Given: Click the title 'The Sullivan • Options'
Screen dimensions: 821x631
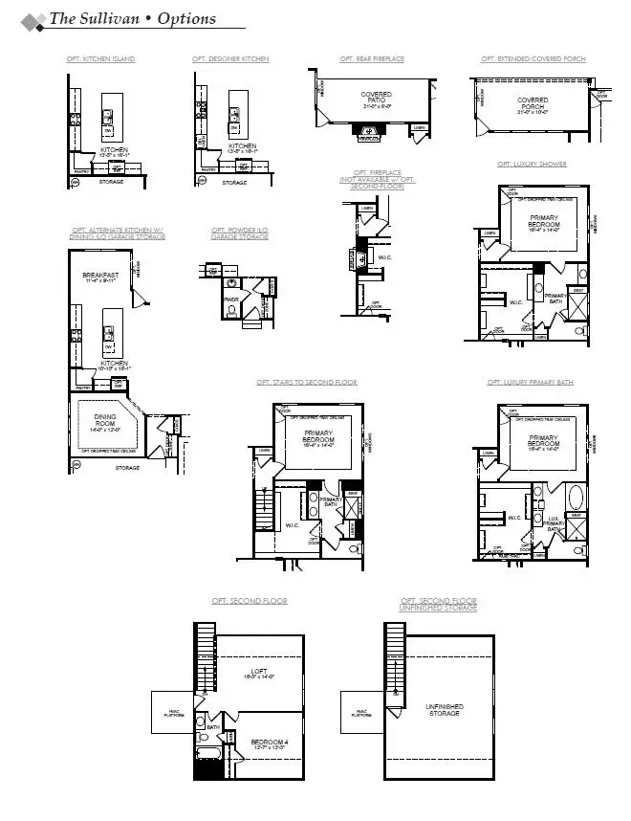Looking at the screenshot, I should pyautogui.click(x=132, y=18).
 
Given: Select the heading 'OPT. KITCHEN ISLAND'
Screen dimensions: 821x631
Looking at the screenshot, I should pyautogui.click(x=100, y=59).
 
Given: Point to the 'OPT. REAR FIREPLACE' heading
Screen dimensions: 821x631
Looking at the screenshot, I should pyautogui.click(x=372, y=59).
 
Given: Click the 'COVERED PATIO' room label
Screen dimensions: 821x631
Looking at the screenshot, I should pyautogui.click(x=376, y=99).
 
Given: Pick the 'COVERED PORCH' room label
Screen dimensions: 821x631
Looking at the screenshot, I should pyautogui.click(x=533, y=103).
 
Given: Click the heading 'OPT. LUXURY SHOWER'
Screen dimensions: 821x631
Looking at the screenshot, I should pyautogui.click(x=532, y=165).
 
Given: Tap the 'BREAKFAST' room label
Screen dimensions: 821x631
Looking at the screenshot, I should pyautogui.click(x=98, y=277).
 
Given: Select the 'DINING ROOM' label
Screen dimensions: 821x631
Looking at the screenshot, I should pyautogui.click(x=104, y=422).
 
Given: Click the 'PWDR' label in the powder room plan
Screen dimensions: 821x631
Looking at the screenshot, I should pyautogui.click(x=229, y=299).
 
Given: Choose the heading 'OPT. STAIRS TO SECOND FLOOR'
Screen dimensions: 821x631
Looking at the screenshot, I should pyautogui.click(x=306, y=382).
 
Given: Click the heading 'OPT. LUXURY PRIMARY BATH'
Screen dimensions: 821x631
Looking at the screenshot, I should pyautogui.click(x=531, y=382).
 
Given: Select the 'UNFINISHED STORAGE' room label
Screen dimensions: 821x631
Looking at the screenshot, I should pyautogui.click(x=445, y=710).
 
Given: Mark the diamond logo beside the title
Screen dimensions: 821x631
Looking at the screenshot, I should pyautogui.click(x=32, y=20).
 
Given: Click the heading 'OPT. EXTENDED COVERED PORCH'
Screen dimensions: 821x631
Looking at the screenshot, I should pyautogui.click(x=533, y=59).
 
